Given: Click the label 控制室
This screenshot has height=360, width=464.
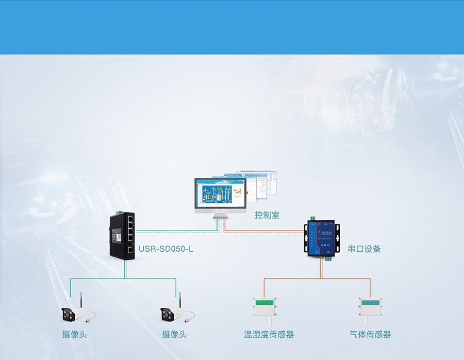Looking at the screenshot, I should [x=267, y=215].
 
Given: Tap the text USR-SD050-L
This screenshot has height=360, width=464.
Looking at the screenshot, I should [x=166, y=249].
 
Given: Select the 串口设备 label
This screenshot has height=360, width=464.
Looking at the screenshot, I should [x=364, y=249].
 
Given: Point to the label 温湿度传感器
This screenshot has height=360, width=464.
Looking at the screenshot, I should [x=269, y=334].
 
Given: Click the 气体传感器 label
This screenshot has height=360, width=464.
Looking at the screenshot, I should [x=370, y=334].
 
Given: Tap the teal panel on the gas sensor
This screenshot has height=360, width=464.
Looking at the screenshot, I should [x=370, y=303].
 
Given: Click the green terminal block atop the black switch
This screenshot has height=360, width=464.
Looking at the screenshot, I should [x=119, y=212].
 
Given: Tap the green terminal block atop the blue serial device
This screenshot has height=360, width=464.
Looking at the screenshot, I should [x=312, y=219].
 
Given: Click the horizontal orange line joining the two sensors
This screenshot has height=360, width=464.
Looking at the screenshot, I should [x=317, y=279].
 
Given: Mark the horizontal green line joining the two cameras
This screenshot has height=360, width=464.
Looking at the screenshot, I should [x=124, y=279].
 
